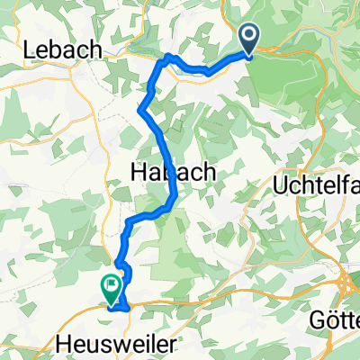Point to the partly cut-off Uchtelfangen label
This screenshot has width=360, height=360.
click(x=316, y=186)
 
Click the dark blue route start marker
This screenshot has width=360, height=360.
click(x=248, y=39)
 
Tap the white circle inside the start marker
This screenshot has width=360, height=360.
click(x=248, y=35)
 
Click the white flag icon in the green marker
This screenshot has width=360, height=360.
click(x=112, y=287)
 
